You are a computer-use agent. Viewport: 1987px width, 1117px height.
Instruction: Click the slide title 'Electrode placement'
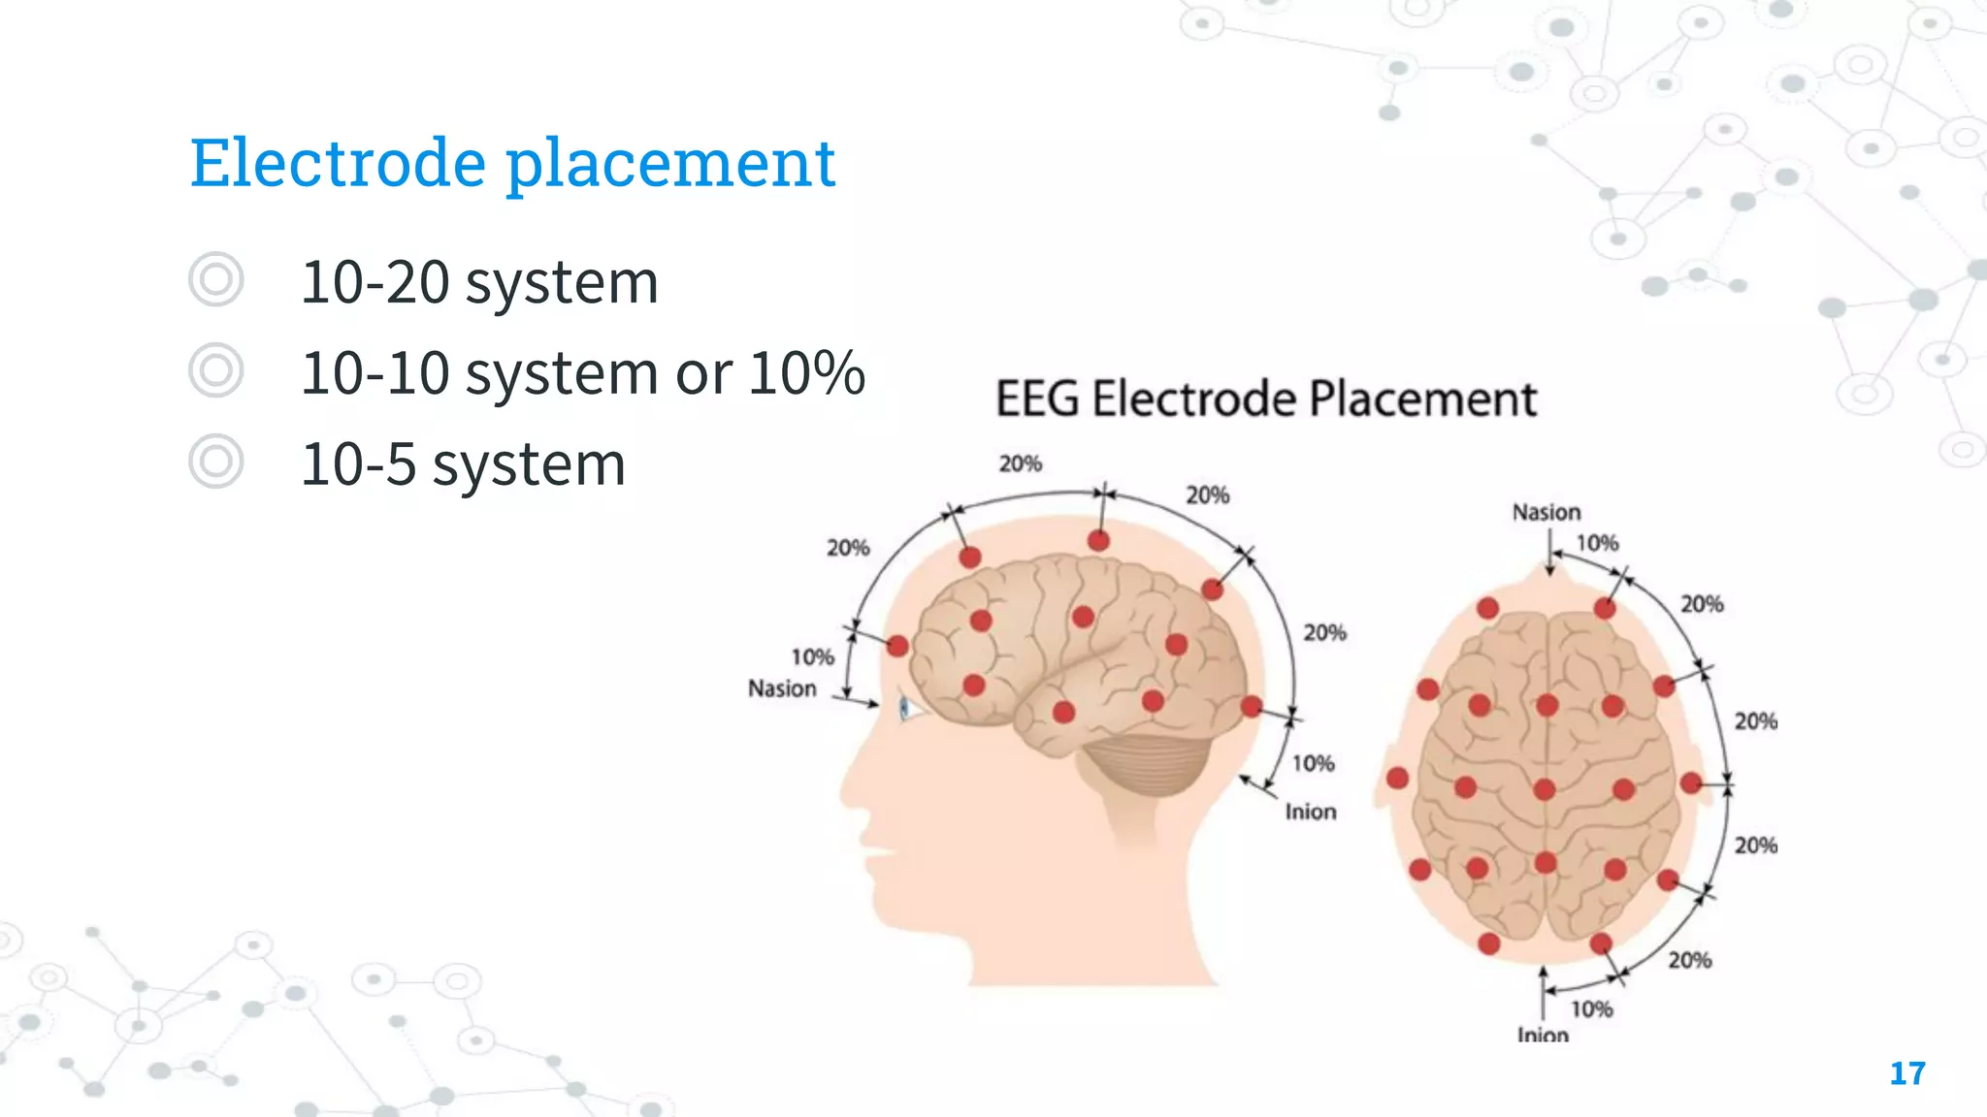pyautogui.click(x=512, y=162)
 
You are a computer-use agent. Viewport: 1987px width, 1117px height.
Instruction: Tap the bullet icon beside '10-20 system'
pyautogui.click(x=215, y=280)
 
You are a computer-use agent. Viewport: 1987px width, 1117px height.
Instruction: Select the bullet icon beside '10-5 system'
pyautogui.click(x=215, y=462)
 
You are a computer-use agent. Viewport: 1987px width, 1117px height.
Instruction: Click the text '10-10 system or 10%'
pyautogui.click(x=582, y=372)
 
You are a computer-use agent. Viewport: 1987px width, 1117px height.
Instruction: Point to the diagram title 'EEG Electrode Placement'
pyautogui.click(x=1266, y=399)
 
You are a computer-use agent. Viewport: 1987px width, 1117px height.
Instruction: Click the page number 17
pyautogui.click(x=1906, y=1073)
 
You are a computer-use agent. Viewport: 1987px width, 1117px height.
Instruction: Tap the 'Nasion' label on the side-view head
pyautogui.click(x=782, y=688)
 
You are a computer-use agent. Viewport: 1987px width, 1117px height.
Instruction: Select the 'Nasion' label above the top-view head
pyautogui.click(x=1546, y=512)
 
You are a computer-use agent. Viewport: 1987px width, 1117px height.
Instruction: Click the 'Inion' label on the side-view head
pyautogui.click(x=1310, y=812)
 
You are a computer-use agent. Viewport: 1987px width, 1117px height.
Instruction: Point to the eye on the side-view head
pyautogui.click(x=905, y=708)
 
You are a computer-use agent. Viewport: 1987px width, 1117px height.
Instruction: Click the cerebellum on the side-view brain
pyautogui.click(x=1150, y=766)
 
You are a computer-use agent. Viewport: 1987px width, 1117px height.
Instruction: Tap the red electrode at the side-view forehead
pyautogui.click(x=897, y=646)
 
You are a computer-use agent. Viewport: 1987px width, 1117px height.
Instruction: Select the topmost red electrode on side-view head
pyautogui.click(x=1098, y=540)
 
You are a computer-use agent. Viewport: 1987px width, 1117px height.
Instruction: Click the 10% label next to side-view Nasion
pyautogui.click(x=812, y=657)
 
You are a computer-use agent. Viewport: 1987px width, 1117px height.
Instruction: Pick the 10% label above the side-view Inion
pyautogui.click(x=1313, y=764)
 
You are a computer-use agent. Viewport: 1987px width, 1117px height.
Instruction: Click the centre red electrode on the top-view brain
pyautogui.click(x=1545, y=789)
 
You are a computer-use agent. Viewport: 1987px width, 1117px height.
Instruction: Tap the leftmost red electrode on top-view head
pyautogui.click(x=1397, y=778)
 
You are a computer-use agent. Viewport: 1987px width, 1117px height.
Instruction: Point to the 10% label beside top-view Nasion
pyautogui.click(x=1597, y=543)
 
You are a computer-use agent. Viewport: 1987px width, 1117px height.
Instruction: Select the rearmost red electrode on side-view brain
pyautogui.click(x=1252, y=706)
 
